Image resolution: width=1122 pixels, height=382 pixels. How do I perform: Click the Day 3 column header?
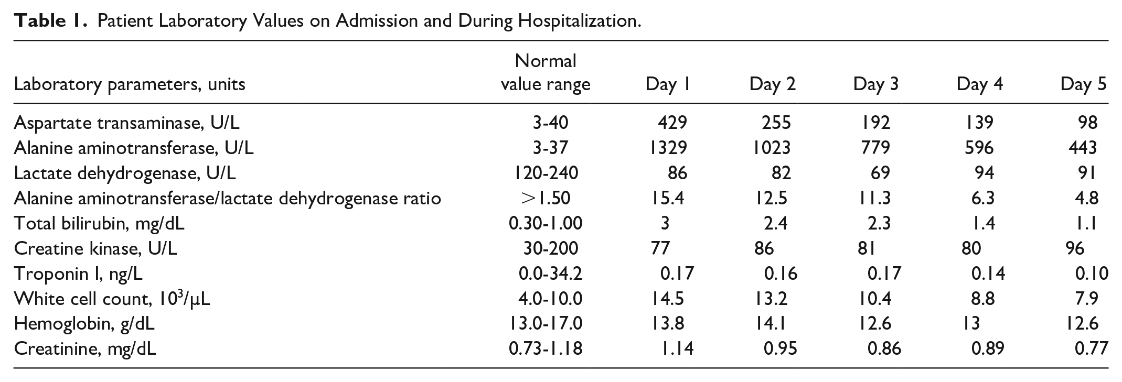click(x=875, y=84)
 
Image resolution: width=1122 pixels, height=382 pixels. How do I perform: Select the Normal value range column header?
click(x=546, y=73)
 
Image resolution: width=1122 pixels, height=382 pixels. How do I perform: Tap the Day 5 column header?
click(x=1083, y=84)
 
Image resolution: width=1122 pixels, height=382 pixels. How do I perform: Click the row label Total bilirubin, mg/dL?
click(x=99, y=224)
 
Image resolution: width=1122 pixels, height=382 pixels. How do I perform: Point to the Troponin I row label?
click(x=78, y=274)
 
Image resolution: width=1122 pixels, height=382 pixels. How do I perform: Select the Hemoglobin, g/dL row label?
click(x=84, y=324)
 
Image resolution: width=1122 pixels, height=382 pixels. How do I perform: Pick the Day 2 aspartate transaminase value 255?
click(x=776, y=123)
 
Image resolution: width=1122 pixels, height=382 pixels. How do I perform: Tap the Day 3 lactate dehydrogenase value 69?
click(x=880, y=173)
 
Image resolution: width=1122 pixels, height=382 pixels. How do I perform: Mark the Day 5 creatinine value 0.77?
click(x=1092, y=349)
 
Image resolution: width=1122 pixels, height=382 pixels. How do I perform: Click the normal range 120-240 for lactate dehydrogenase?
click(x=546, y=173)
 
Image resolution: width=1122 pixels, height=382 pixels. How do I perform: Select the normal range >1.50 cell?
click(x=546, y=198)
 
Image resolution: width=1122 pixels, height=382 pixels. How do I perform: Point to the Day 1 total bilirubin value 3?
click(x=665, y=223)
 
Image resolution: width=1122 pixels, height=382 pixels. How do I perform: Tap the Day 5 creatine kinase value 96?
click(x=1075, y=248)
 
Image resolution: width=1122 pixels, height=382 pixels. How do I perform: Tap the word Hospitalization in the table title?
click(x=579, y=21)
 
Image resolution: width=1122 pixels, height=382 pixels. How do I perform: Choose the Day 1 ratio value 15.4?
click(x=667, y=198)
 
